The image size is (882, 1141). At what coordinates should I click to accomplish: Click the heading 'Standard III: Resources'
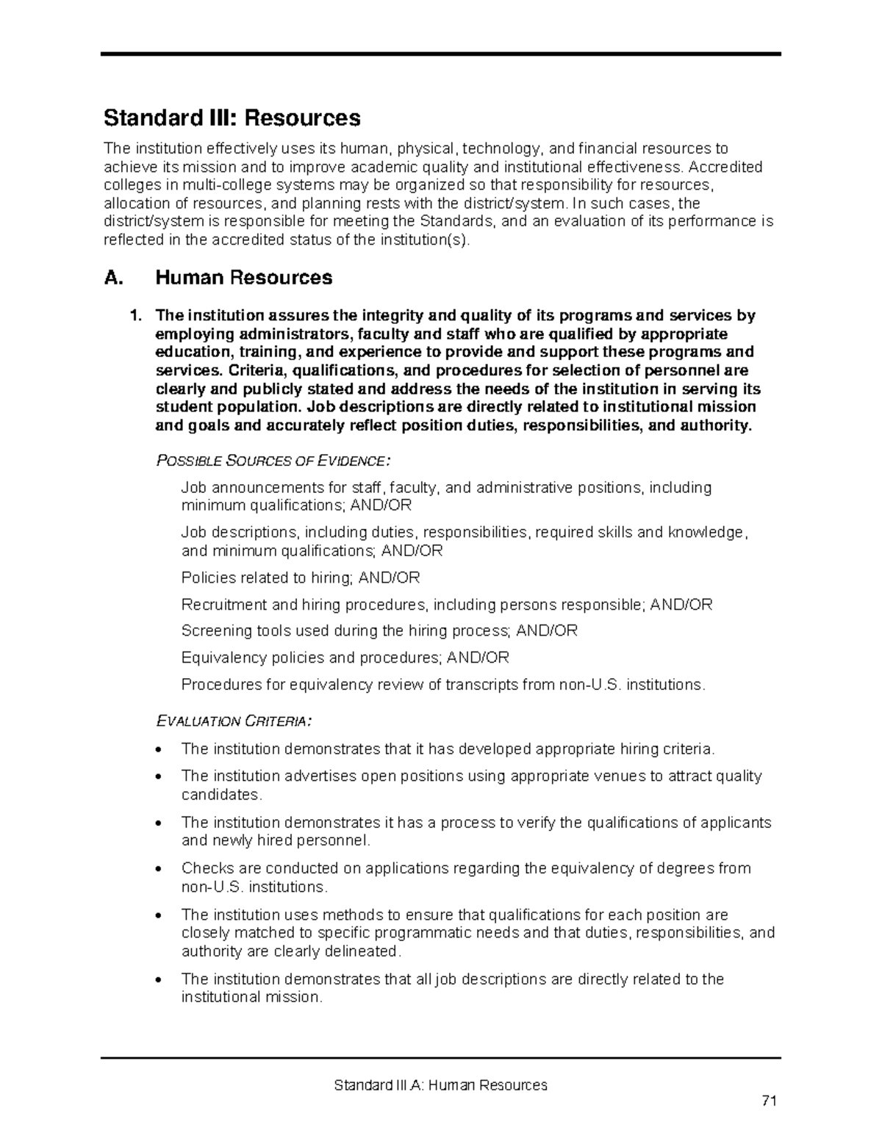coord(232,118)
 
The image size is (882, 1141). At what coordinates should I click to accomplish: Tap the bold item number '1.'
coord(135,316)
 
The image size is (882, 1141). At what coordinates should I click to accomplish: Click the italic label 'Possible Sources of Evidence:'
coord(273,461)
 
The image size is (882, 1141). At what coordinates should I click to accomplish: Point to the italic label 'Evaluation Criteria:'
coord(234,721)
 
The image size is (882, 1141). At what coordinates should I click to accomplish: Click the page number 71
coord(769,1101)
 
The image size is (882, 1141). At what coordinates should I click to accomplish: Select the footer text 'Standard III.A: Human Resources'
coord(440,1085)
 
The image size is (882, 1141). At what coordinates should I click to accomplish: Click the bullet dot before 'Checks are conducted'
coord(159,869)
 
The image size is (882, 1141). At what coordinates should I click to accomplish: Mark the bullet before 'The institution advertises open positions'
coord(159,777)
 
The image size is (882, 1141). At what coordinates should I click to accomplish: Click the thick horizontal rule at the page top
coord(440,54)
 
